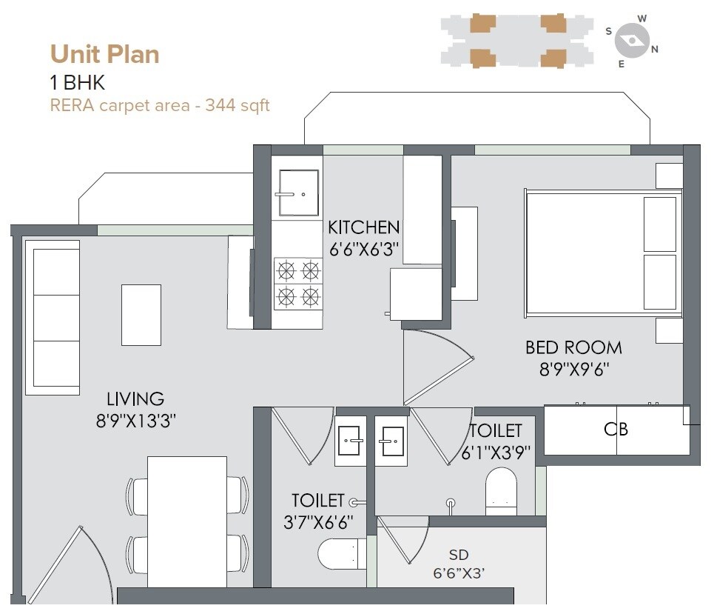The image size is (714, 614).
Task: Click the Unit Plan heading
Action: pos(104,54)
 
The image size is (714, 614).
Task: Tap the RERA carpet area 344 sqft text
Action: pos(159,105)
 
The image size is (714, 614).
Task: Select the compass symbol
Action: pos(632,41)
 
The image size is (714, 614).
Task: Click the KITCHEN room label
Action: pos(363,227)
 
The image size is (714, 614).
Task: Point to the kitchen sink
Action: pos(298,193)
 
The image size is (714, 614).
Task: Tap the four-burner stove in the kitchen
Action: pos(297,284)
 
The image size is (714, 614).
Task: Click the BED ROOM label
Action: pos(573,347)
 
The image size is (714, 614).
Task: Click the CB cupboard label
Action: pos(616,429)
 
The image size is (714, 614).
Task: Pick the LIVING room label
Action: pos(135,399)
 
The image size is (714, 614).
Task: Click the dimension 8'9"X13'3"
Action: pos(135,421)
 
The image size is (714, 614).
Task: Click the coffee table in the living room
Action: pos(141,315)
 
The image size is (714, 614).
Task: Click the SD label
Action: pos(459,555)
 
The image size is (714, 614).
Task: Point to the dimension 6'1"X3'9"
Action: pos(496,453)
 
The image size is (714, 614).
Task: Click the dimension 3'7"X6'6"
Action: pos(318,522)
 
